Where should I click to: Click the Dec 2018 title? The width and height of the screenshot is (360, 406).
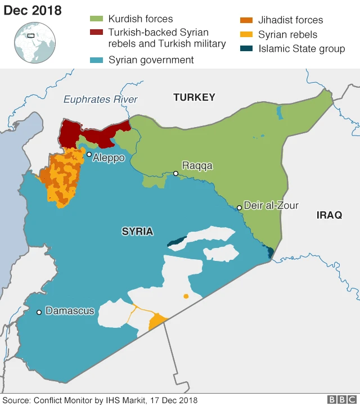(33, 11)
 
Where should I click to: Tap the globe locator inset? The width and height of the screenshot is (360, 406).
(35, 43)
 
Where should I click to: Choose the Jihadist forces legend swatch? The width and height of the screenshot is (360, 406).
(246, 20)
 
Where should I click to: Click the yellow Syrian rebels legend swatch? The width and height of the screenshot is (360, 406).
(246, 35)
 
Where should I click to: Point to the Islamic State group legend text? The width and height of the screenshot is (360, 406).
(301, 49)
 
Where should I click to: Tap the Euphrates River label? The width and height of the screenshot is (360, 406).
(100, 100)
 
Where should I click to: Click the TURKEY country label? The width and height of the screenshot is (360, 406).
(194, 97)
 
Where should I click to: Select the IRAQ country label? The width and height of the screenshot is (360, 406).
(329, 215)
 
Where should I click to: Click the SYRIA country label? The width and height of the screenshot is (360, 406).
(137, 231)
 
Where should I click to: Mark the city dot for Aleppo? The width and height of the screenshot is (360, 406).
(89, 154)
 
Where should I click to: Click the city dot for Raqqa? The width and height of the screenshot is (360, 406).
(175, 173)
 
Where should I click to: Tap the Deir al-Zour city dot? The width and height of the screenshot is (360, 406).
(239, 207)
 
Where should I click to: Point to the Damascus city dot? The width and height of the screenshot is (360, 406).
(39, 312)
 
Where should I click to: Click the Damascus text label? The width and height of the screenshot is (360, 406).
(70, 311)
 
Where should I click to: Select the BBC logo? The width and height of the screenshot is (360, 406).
(340, 399)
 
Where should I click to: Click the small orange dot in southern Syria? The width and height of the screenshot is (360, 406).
(186, 296)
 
